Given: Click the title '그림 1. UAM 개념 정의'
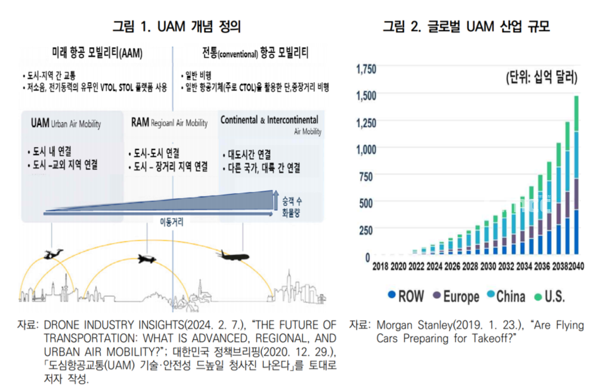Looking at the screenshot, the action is pyautogui.click(x=177, y=27).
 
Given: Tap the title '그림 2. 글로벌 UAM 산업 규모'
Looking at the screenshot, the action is pyautogui.click(x=466, y=27).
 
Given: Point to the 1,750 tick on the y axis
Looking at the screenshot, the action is pyautogui.click(x=366, y=69).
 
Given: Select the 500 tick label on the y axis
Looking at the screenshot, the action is pyautogui.click(x=365, y=203).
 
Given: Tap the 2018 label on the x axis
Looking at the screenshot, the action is pyautogui.click(x=380, y=266).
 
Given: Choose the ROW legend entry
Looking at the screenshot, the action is pyautogui.click(x=406, y=297).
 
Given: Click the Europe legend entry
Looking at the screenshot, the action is pyautogui.click(x=456, y=297).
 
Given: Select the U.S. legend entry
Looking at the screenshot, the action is pyautogui.click(x=549, y=297).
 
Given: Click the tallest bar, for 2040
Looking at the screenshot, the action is pyautogui.click(x=576, y=175).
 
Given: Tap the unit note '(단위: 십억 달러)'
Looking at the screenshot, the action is pyautogui.click(x=542, y=77).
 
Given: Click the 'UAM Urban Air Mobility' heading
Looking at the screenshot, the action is pyautogui.click(x=66, y=123).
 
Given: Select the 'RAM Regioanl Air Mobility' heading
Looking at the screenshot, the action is pyautogui.click(x=169, y=123).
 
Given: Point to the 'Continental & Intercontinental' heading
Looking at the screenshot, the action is pyautogui.click(x=270, y=120).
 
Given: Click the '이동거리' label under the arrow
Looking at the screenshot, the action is pyautogui.click(x=172, y=222).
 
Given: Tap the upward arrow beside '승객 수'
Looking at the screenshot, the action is pyautogui.click(x=276, y=200).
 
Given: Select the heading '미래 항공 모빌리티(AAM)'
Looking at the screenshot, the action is pyautogui.click(x=97, y=53).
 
